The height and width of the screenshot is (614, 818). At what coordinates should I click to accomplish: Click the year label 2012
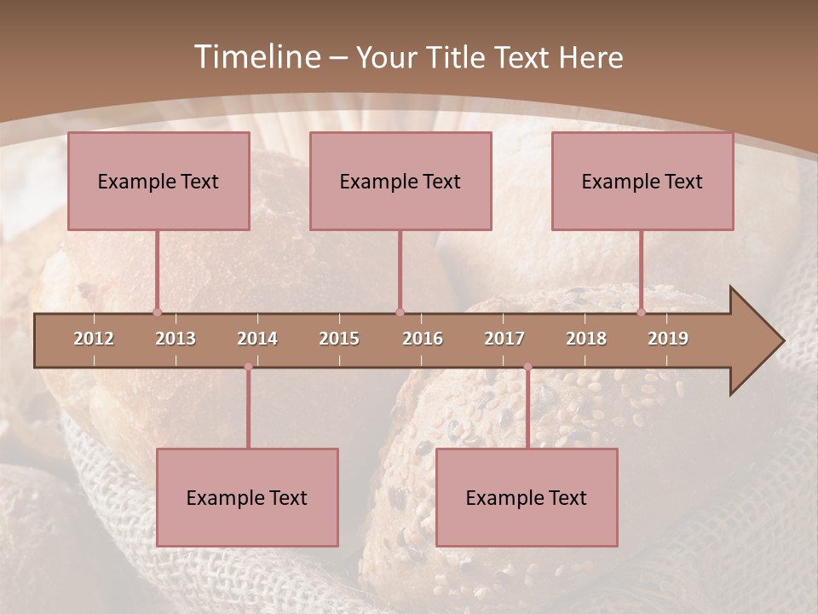[94, 339]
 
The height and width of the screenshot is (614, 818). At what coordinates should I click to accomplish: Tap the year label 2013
[176, 339]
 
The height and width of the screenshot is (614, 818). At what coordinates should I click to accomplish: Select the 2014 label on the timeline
[257, 339]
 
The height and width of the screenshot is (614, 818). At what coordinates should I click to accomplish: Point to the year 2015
[339, 339]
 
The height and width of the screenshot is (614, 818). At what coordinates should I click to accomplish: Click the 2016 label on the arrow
[423, 339]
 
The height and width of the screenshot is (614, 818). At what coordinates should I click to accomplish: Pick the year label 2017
[504, 339]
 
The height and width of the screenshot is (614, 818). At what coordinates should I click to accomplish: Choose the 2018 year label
[586, 339]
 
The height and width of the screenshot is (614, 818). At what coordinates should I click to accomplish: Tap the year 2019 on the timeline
[668, 339]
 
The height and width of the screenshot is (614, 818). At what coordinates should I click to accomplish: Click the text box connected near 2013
[158, 181]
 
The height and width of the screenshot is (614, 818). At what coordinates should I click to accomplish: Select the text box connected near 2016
[400, 181]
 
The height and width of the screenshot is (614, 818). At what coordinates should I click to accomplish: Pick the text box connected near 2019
[642, 181]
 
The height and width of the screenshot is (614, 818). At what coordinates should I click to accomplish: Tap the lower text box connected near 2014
[247, 497]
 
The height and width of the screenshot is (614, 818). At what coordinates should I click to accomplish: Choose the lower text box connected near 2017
[527, 497]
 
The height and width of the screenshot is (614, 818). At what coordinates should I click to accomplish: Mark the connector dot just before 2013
[157, 312]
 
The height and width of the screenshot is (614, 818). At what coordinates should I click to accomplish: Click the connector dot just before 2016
[400, 312]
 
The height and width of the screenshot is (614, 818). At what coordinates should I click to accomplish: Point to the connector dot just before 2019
[641, 312]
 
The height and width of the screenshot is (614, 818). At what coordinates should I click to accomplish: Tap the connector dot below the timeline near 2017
[527, 367]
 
